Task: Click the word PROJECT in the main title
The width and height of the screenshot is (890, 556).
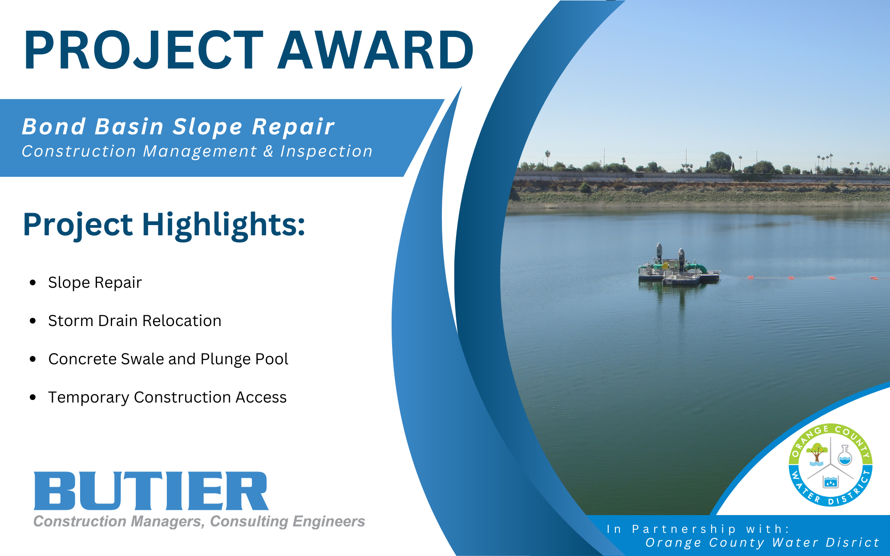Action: [x=143, y=49]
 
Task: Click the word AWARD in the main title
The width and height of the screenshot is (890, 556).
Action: [x=376, y=49]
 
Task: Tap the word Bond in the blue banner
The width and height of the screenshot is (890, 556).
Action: [x=54, y=126]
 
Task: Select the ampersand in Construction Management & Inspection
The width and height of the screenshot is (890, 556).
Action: [x=268, y=151]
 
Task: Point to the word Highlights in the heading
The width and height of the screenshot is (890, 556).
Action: [x=223, y=225]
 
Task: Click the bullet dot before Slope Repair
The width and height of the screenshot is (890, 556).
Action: [x=32, y=282]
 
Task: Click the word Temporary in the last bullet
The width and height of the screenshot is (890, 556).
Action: [x=89, y=398]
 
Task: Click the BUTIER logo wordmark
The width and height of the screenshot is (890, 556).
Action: [x=151, y=491]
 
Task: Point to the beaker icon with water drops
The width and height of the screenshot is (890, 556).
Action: [x=830, y=481]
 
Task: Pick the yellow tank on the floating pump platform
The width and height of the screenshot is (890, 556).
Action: [x=666, y=266]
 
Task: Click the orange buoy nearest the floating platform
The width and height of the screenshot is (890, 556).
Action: [x=751, y=278]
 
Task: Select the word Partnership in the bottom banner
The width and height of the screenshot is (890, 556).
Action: [x=684, y=529]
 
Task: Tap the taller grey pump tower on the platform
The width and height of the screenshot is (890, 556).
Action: [x=659, y=254]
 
